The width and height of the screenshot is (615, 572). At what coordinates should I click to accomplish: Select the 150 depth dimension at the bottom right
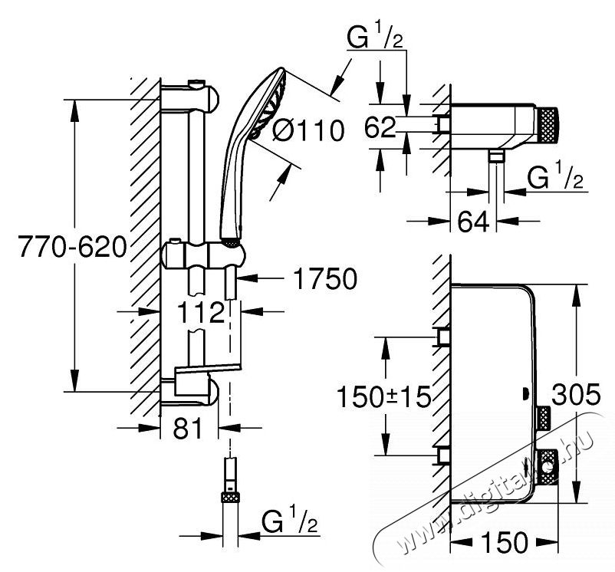coord(504,544)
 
